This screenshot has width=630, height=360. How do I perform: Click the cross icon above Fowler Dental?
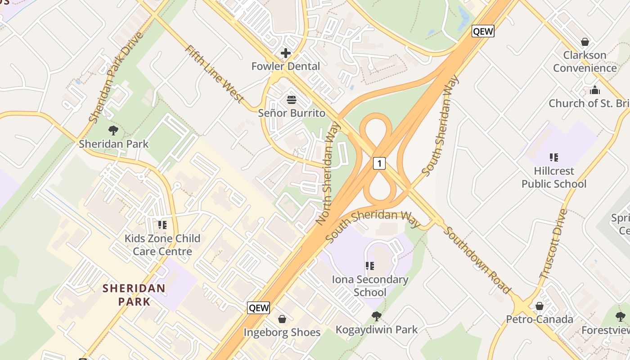(285, 53)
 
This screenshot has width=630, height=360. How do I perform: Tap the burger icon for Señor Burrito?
(292, 99)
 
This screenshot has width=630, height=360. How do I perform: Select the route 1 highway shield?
(379, 163)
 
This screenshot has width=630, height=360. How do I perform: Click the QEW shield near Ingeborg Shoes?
(259, 308)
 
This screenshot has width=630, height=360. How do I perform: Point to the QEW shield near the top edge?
(483, 31)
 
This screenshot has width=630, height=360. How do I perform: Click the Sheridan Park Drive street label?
(116, 77)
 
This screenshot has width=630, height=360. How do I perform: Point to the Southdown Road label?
(477, 260)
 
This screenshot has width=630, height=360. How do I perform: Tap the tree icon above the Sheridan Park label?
(113, 130)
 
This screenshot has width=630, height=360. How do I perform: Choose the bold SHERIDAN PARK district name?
(134, 294)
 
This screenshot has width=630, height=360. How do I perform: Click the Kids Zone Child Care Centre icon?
(162, 225)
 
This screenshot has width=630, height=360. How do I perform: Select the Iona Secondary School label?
(370, 286)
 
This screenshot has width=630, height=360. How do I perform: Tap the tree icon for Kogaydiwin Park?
(377, 316)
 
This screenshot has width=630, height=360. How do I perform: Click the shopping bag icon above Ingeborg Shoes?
(282, 319)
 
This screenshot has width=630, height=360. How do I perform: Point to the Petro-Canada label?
(540, 319)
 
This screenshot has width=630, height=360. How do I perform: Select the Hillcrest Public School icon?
(554, 157)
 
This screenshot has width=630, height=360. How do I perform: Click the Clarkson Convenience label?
(585, 62)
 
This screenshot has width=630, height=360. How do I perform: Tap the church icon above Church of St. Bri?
(595, 90)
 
